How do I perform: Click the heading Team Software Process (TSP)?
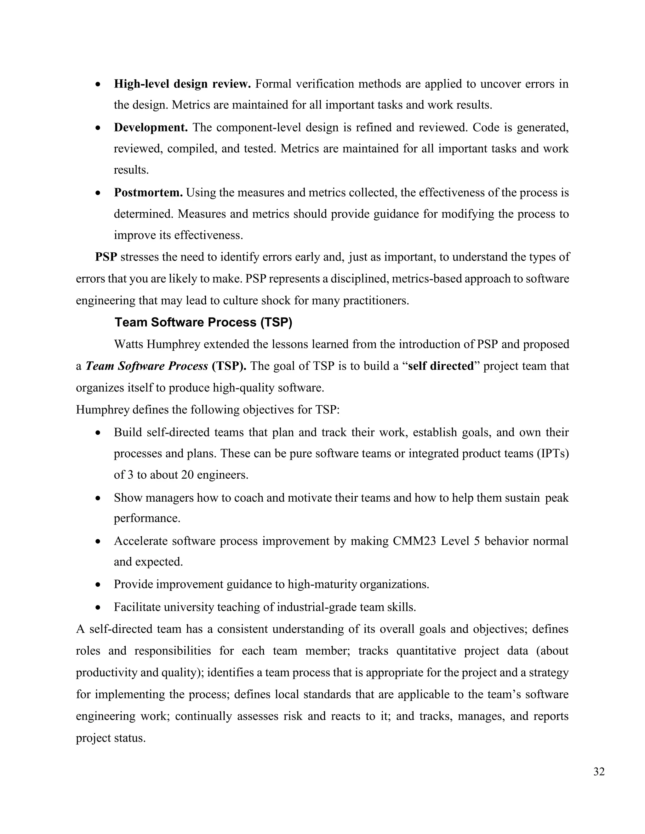[203, 322]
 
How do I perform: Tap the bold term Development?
[151, 127]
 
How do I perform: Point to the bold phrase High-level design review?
[182, 84]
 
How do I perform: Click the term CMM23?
[414, 541]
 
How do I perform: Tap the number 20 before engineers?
[188, 475]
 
